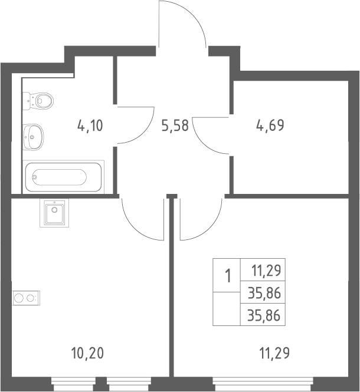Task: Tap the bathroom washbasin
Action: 33,137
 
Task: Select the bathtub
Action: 63,177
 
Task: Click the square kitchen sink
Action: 54,213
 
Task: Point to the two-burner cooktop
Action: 27,298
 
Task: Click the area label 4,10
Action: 90,126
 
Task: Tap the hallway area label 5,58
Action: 175,126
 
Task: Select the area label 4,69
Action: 270,125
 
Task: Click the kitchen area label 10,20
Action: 87,354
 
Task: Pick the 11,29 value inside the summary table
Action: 266,271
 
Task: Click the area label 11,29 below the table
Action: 274,354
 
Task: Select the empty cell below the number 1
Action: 227,308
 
